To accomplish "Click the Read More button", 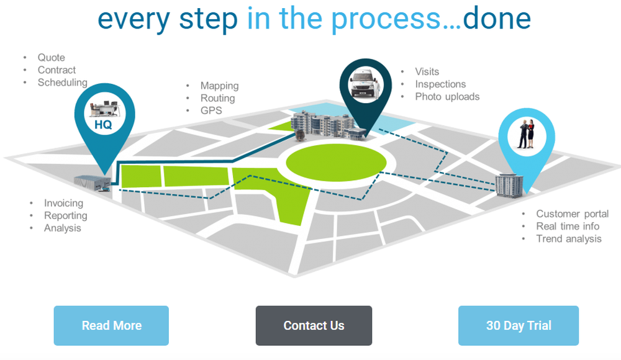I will pos(111,325).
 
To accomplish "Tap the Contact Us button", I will pos(314,325).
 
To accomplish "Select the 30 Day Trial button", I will pos(519,325).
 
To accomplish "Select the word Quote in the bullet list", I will pos(51,58).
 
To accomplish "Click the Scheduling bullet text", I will pos(62,83).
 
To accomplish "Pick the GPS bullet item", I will pos(211,110).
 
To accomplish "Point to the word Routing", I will pos(217,98).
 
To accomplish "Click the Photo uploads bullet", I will pos(447,96).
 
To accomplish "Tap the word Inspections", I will pos(440,84).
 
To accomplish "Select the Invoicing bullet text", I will pos(63,203).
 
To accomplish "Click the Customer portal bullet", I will pos(572,214).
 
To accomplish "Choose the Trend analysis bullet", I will pos(568,238).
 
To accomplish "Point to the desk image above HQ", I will pos(103,109).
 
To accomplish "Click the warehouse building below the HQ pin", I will pos(93,181).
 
